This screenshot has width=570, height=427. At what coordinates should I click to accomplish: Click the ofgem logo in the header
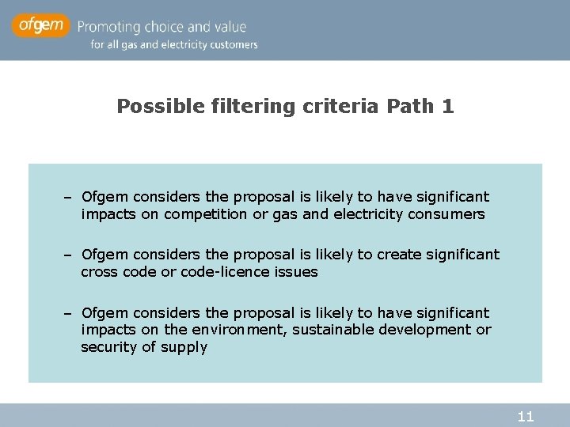click(x=40, y=26)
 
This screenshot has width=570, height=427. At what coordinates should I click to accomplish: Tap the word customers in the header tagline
click(x=231, y=45)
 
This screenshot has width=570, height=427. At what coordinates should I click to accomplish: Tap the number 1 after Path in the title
click(x=449, y=107)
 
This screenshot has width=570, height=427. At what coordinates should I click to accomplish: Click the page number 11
click(x=525, y=416)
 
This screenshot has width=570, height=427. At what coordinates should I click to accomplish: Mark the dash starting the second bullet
click(x=70, y=255)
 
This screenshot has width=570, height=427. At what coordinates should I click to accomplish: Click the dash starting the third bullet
click(x=70, y=313)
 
